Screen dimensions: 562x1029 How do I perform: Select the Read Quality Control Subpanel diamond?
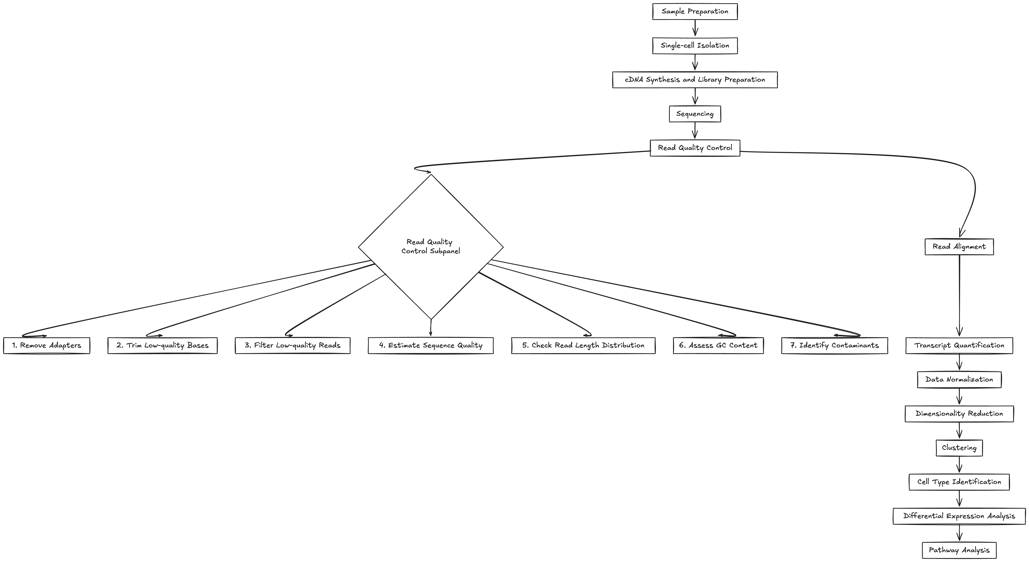(x=431, y=247)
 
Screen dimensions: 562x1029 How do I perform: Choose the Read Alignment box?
(x=959, y=247)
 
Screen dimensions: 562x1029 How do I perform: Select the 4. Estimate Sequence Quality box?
(x=431, y=345)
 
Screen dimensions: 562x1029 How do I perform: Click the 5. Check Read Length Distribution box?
(x=583, y=345)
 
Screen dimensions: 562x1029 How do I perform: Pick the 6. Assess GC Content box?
(x=718, y=345)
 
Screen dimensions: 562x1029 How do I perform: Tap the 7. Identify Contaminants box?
(x=835, y=345)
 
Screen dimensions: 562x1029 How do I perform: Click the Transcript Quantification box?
(x=959, y=345)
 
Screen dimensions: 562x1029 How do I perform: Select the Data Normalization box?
(x=959, y=379)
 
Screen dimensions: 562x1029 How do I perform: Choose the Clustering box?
(x=959, y=448)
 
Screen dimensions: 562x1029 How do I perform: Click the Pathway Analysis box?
(x=959, y=550)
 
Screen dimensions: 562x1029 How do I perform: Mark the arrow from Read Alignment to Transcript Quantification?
(x=959, y=296)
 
